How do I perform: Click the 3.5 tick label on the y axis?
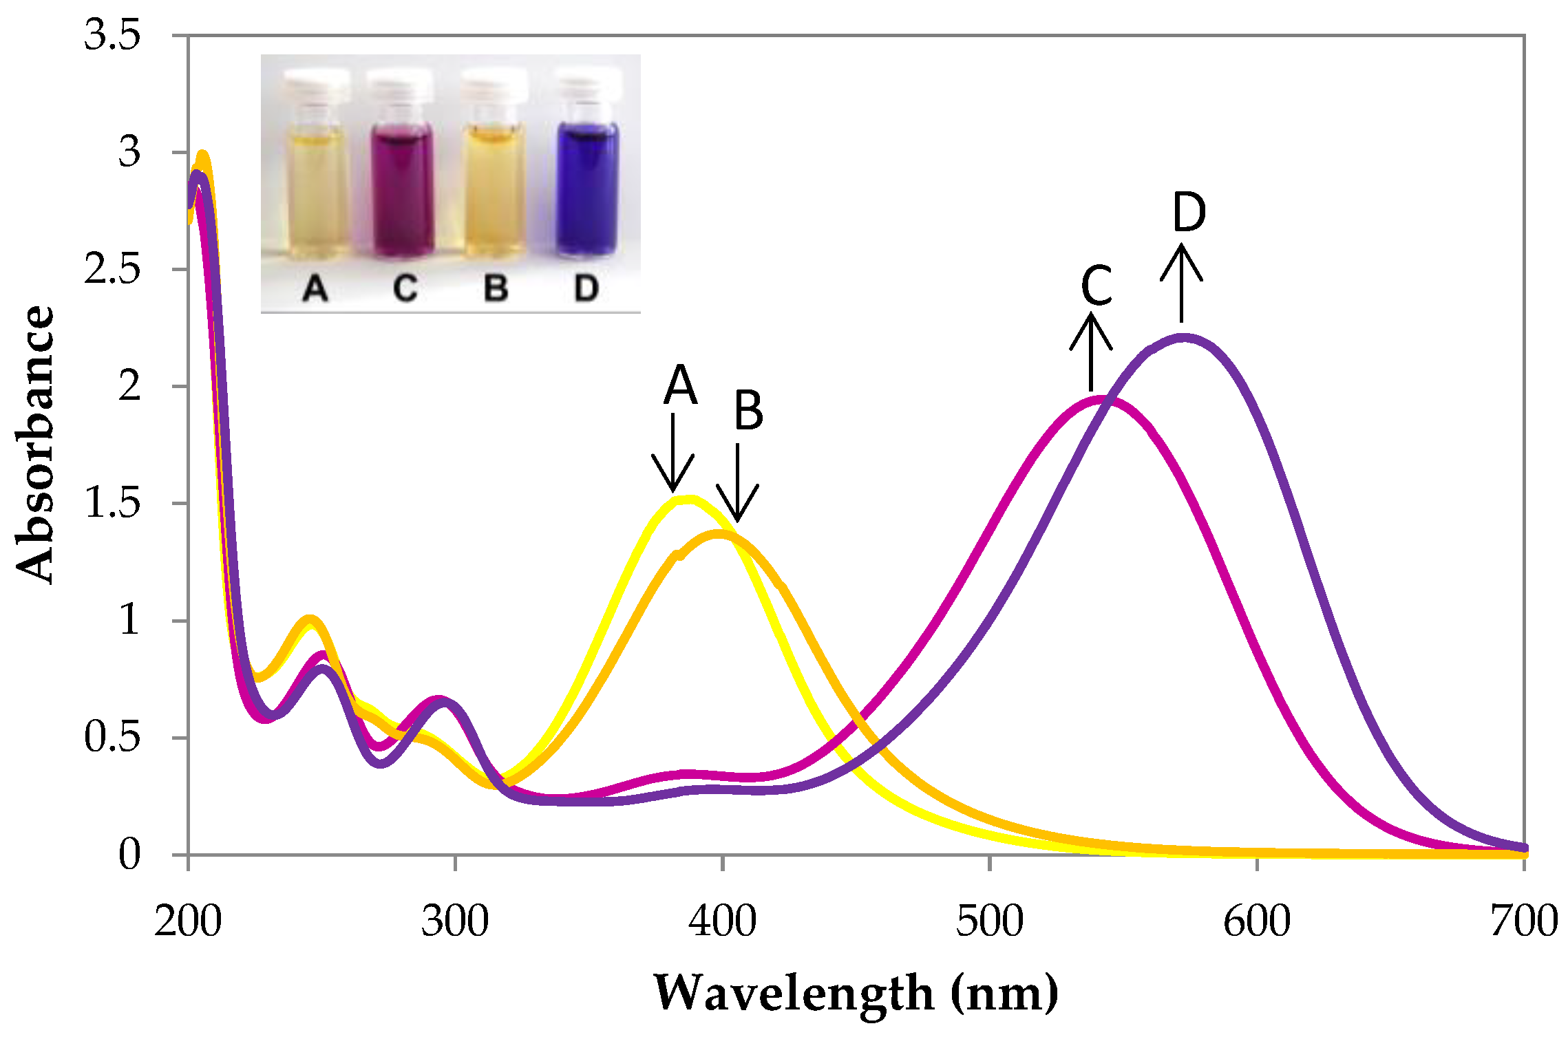coord(112,34)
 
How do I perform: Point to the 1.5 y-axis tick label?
coord(112,503)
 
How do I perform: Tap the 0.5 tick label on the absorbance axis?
coord(112,737)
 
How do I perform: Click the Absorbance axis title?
coord(34,444)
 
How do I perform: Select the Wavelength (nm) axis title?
coord(856,993)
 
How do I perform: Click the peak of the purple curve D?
coord(1183,338)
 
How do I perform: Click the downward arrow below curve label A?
coord(672,454)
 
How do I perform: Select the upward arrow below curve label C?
coord(1091,351)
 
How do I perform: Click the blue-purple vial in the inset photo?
coord(586,189)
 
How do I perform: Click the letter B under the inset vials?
coord(496,288)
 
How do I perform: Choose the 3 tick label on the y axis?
coord(129,152)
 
